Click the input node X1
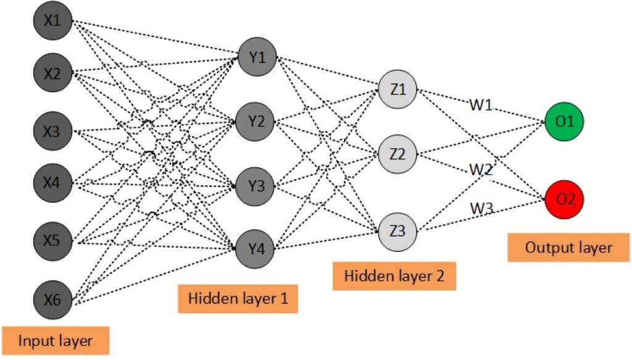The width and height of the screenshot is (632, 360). (52, 21)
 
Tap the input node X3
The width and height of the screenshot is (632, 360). (52, 132)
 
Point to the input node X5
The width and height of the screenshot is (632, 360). (52, 240)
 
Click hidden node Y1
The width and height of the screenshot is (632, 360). (257, 57)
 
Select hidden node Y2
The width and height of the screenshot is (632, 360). (257, 121)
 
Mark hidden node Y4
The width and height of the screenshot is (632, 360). (257, 248)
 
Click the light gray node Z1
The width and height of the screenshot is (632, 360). (398, 89)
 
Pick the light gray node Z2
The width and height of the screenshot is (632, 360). (398, 154)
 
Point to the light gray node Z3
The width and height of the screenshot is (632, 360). (398, 232)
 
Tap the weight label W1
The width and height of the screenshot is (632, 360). (480, 106)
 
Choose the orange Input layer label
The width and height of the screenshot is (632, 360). (56, 340)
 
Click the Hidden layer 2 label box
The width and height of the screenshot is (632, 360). (394, 276)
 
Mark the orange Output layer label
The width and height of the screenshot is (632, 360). (568, 248)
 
